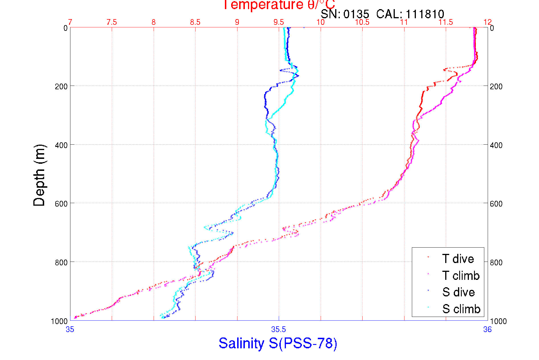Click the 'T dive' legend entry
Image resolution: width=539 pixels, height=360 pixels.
coord(458,259)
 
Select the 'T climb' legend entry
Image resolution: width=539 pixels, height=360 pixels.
coord(461,276)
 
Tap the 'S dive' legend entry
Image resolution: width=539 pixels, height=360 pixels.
coord(458,292)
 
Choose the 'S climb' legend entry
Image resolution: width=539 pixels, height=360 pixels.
coord(461,309)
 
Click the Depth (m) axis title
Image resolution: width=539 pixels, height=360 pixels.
coord(39,175)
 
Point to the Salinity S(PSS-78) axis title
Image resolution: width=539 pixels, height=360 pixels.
coord(278,343)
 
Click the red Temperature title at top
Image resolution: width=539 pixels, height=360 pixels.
coord(279,5)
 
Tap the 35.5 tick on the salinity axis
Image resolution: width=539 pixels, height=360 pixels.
coord(278,329)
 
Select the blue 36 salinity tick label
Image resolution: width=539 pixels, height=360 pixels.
coord(487,329)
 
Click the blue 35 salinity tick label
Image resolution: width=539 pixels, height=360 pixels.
coord(70,329)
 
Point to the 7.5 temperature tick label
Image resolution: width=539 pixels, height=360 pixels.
coord(111,22)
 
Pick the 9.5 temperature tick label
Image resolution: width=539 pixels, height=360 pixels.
coord(278,22)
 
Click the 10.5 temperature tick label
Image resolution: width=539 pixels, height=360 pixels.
coord(362,22)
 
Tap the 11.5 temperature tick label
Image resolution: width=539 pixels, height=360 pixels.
coord(446,22)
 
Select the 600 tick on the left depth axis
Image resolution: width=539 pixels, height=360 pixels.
coord(61,204)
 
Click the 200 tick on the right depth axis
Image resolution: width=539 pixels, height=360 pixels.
coord(496,86)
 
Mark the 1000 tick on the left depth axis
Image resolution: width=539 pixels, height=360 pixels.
coord(59,321)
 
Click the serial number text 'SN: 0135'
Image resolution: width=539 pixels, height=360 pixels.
coord(345,14)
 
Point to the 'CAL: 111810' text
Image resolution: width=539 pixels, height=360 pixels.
coord(410,14)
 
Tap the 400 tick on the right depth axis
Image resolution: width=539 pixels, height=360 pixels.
coord(496,145)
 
